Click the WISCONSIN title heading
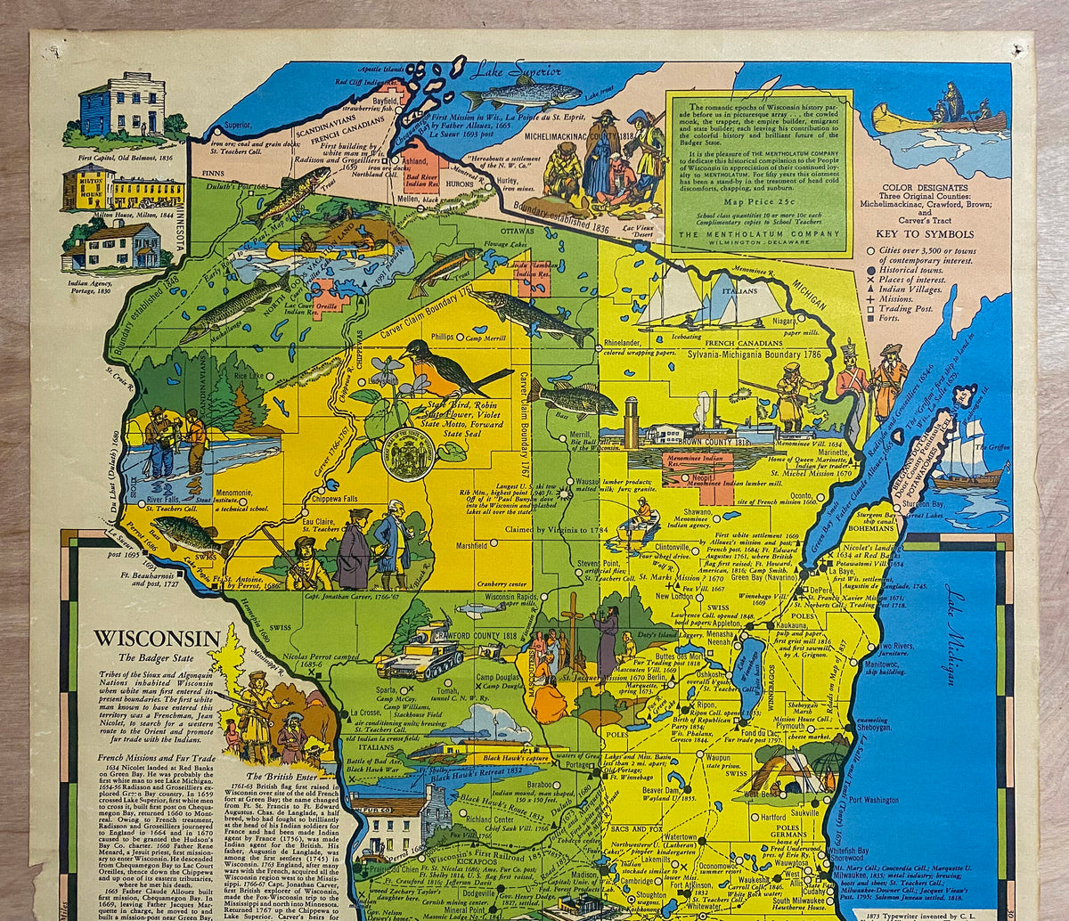coord(157,639)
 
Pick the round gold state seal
coord(409,455)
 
